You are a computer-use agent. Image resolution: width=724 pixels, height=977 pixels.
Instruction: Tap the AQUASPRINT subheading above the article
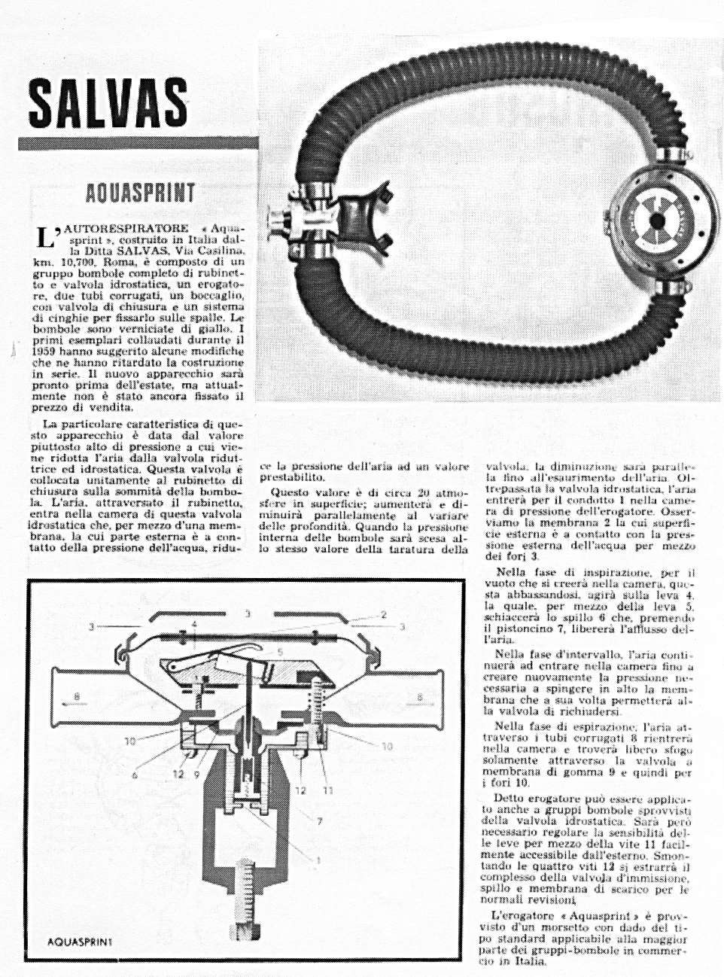click(x=141, y=193)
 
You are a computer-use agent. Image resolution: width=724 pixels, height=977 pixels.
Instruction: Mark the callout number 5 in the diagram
click(x=280, y=651)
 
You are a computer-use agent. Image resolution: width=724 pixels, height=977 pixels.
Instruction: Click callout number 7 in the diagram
click(x=319, y=821)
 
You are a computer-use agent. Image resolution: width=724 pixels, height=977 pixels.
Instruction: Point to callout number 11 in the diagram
click(x=328, y=790)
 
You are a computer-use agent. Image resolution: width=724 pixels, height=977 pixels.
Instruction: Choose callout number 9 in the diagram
click(x=197, y=775)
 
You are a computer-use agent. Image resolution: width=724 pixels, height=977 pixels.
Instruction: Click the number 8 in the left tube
click(x=77, y=697)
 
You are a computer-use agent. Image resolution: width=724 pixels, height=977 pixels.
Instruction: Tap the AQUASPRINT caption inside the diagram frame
click(x=78, y=941)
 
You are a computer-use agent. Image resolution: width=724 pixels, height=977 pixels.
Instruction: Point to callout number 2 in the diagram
click(x=383, y=615)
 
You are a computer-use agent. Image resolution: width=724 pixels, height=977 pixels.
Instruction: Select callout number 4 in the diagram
click(x=193, y=624)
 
